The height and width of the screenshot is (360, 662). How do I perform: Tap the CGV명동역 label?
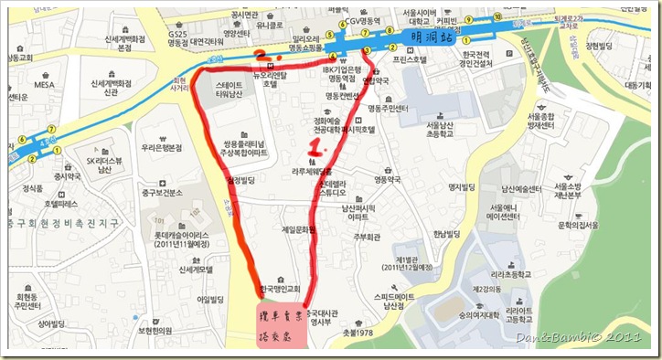point(374,25)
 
